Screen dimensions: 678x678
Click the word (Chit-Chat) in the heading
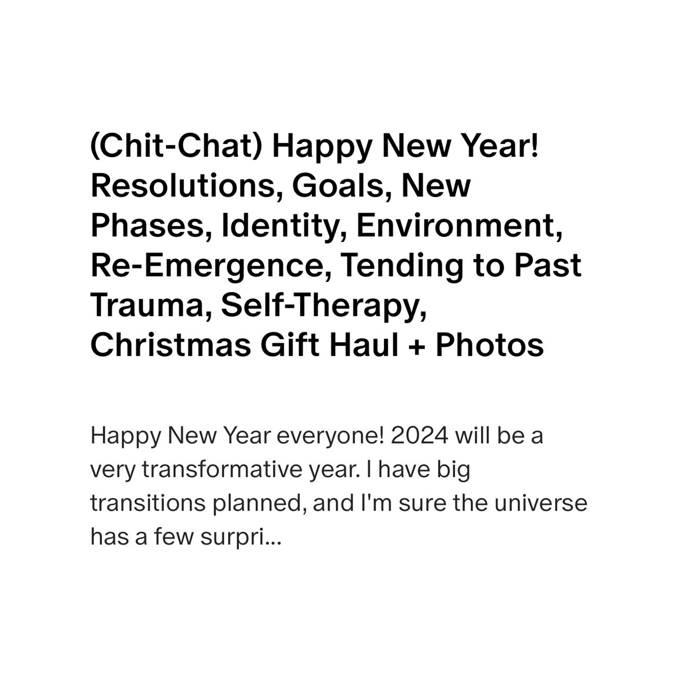point(176,147)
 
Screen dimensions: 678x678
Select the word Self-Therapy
point(324,306)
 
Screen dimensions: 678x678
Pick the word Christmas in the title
point(171,345)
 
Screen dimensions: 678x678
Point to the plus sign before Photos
point(417,346)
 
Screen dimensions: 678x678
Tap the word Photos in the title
point(490,345)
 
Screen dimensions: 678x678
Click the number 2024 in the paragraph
point(420,436)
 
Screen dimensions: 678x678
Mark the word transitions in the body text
point(148,503)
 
